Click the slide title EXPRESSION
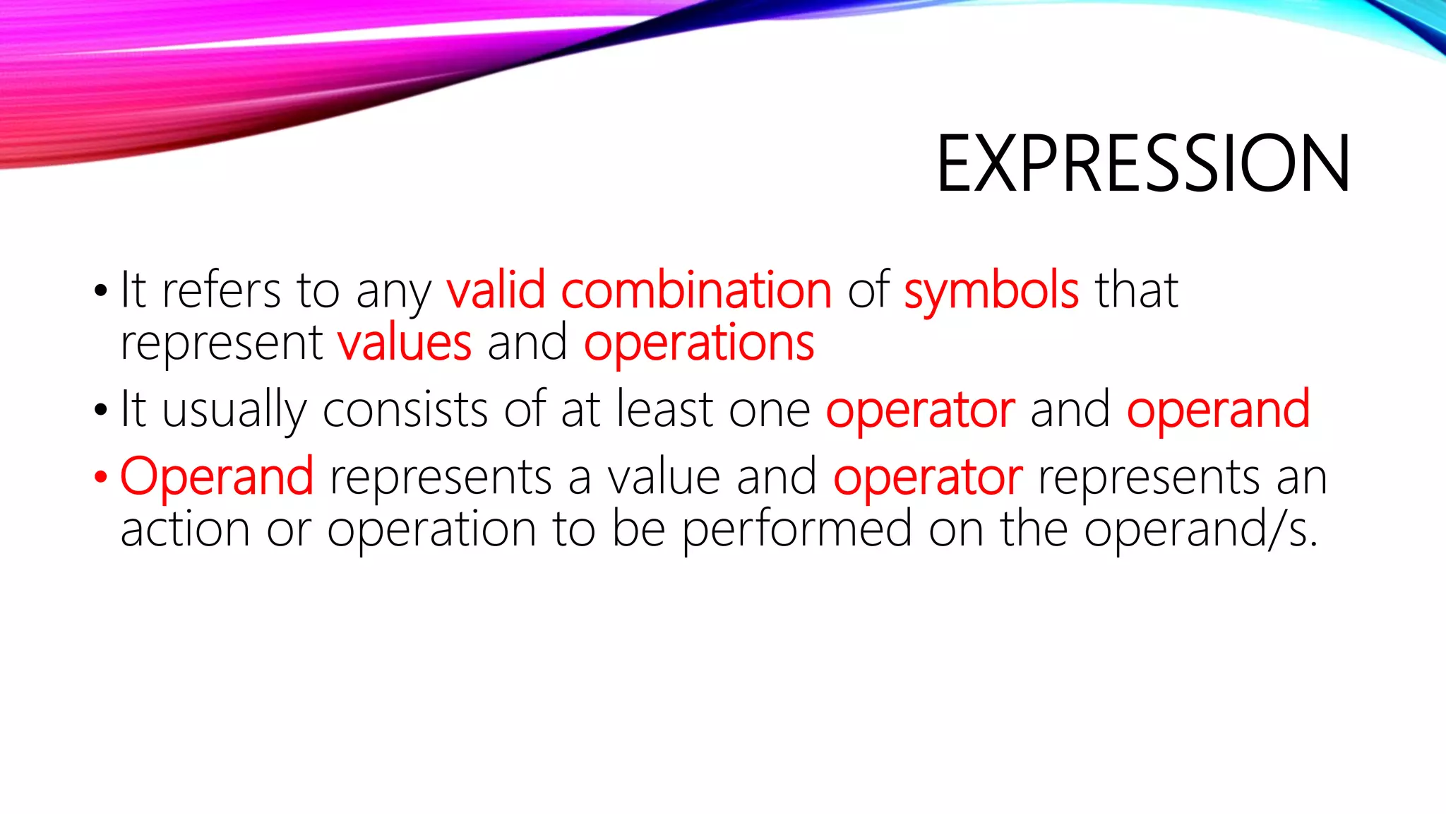(1142, 164)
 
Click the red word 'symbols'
(991, 291)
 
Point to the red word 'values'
(404, 343)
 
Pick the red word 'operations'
(699, 344)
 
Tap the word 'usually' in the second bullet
(234, 411)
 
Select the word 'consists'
(405, 409)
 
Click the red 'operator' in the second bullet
(920, 411)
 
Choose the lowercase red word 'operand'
(1218, 411)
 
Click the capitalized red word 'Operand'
(217, 477)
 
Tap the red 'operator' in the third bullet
(927, 478)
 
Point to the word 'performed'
(796, 531)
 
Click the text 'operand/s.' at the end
(1200, 529)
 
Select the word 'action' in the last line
(185, 530)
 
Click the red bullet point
(100, 478)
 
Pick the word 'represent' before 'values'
(221, 344)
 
